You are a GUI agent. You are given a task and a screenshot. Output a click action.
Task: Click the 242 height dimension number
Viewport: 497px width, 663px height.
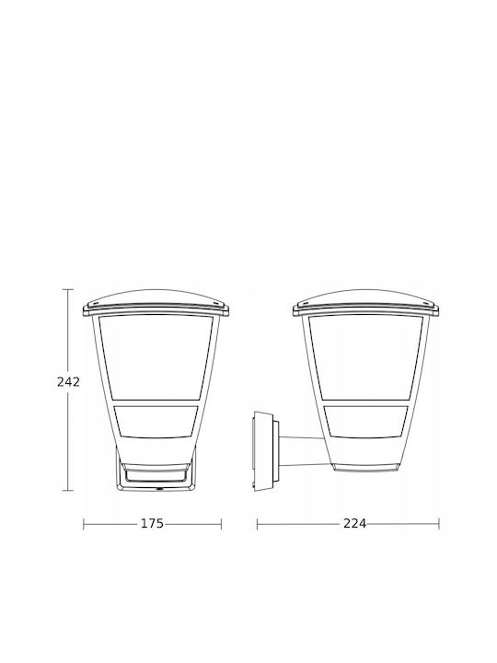tap(68, 382)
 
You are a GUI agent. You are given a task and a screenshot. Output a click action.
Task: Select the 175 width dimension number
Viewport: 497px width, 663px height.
tap(152, 523)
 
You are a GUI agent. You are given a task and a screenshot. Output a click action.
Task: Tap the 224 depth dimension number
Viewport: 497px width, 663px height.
tap(354, 523)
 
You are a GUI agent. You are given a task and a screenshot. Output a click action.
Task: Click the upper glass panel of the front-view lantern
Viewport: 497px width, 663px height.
tap(156, 357)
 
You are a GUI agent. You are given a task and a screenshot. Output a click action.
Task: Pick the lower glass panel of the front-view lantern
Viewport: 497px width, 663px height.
tap(156, 422)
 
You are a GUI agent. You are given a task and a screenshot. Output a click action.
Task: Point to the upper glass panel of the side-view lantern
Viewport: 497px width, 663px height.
tap(366, 357)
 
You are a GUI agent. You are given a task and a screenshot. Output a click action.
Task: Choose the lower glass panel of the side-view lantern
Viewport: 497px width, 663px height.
tap(366, 422)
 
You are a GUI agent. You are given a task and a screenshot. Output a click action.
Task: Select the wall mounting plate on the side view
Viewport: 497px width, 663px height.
tap(264, 451)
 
